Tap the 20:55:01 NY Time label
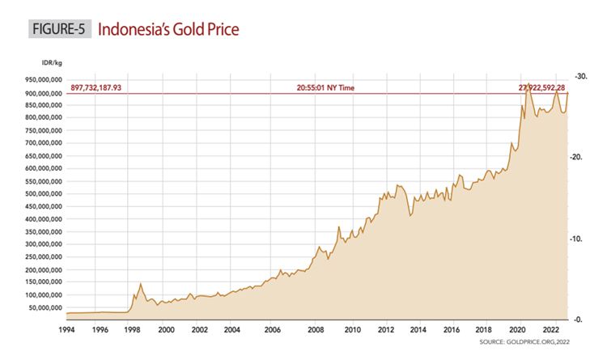[327, 87]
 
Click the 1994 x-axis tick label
[67, 330]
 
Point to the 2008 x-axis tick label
[316, 330]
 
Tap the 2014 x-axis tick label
[416, 330]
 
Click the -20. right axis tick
[579, 158]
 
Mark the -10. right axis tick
[579, 239]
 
